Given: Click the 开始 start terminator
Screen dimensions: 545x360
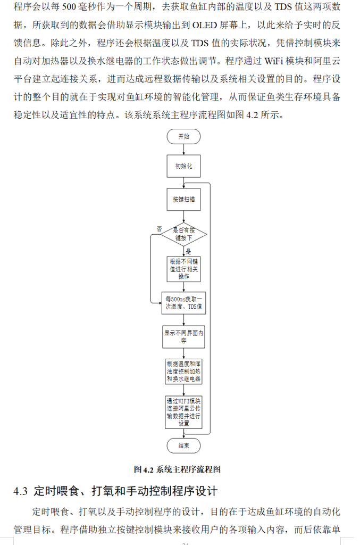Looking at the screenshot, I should click(x=183, y=137).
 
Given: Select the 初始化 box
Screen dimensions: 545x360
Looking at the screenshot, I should click(x=183, y=166).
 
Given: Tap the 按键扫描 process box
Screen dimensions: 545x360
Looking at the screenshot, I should click(x=183, y=200).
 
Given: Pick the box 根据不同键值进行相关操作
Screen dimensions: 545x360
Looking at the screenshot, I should click(x=183, y=269).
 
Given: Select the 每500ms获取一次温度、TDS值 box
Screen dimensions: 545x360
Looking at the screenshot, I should click(x=183, y=303).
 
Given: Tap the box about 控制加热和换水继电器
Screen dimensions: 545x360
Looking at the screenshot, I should click(x=183, y=371).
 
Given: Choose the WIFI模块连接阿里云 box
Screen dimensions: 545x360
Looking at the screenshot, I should click(x=183, y=412).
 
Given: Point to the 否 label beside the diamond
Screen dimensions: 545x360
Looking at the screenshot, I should click(x=158, y=228).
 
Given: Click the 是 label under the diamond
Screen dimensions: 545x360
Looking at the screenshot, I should click(x=188, y=251).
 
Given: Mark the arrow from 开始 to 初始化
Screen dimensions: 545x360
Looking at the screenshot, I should click(x=183, y=150).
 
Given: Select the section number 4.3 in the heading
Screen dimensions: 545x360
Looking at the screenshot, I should click(x=20, y=491).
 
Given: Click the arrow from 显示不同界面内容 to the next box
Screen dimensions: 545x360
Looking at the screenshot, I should click(x=183, y=352).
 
